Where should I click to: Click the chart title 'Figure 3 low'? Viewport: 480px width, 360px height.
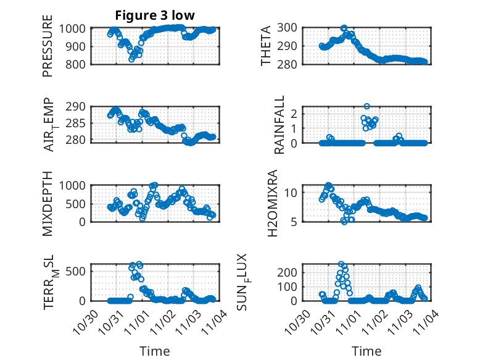coord(155,16)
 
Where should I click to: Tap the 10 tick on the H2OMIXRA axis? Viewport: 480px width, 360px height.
coord(294,193)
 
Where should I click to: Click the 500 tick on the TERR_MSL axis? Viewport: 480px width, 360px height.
coord(78,270)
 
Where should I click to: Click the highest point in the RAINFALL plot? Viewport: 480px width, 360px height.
coord(366,107)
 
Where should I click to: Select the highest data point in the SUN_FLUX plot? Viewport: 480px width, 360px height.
coord(341,264)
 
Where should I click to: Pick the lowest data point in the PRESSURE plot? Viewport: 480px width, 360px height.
coord(131,59)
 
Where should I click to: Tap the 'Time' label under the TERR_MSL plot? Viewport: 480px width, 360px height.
coord(155,351)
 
